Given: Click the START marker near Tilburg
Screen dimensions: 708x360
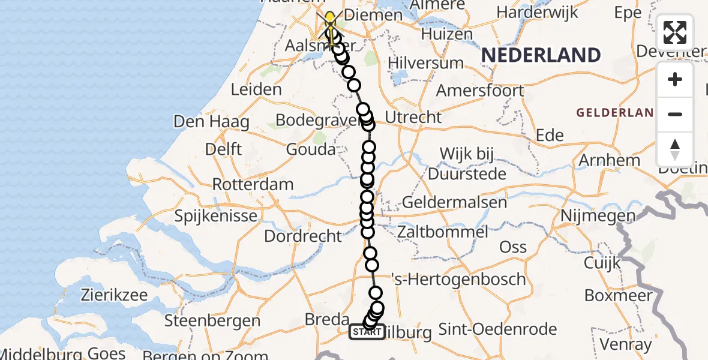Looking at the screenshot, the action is (367, 332).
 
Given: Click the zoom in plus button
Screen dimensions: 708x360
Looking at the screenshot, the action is (675, 80).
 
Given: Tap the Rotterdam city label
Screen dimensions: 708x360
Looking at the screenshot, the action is (253, 184).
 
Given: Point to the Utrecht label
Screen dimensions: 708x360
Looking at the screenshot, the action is (413, 118).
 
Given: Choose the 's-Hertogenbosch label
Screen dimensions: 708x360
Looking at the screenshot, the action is (458, 279).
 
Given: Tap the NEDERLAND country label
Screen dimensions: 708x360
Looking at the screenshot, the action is (541, 55).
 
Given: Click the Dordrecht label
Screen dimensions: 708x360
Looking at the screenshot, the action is (303, 236).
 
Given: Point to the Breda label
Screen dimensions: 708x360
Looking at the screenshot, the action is (328, 319).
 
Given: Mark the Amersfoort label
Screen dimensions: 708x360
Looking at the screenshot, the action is (480, 91).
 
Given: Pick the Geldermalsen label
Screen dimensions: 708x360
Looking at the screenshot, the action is (454, 203).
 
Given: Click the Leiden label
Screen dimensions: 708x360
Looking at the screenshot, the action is (256, 90).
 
